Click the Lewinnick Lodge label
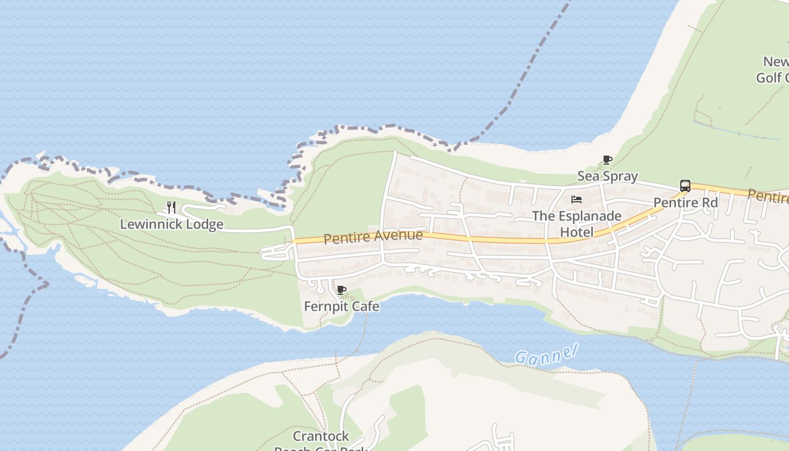[171, 224]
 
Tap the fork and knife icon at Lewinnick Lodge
[171, 207]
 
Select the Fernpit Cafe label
[341, 307]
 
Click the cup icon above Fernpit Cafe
[341, 290]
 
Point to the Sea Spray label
[608, 176]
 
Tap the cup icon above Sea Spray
[608, 160]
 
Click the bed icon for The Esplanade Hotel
[576, 200]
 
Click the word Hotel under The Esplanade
[577, 232]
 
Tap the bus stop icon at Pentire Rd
[685, 186]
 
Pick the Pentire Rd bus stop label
[685, 202]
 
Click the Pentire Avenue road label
[373, 237]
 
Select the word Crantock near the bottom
[321, 436]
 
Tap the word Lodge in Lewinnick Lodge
[205, 224]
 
